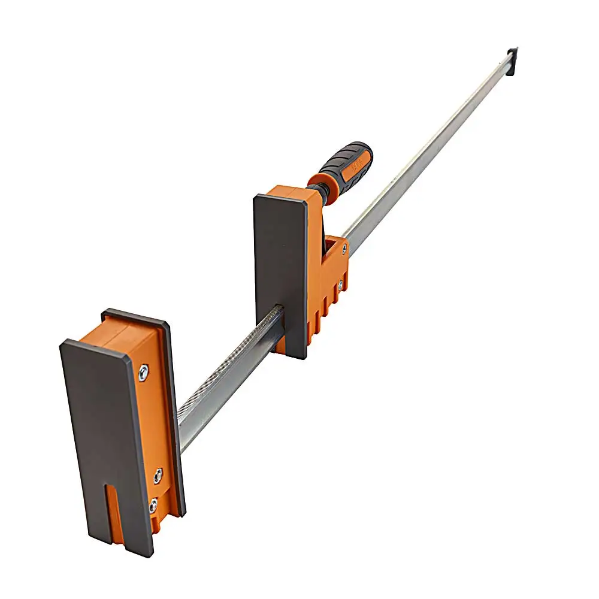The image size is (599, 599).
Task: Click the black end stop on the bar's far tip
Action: click(512, 60)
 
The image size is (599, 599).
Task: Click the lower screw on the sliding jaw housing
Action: click(340, 286)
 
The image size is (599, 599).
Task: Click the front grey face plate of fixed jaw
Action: click(105, 437)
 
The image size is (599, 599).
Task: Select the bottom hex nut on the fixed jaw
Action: click(153, 506)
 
